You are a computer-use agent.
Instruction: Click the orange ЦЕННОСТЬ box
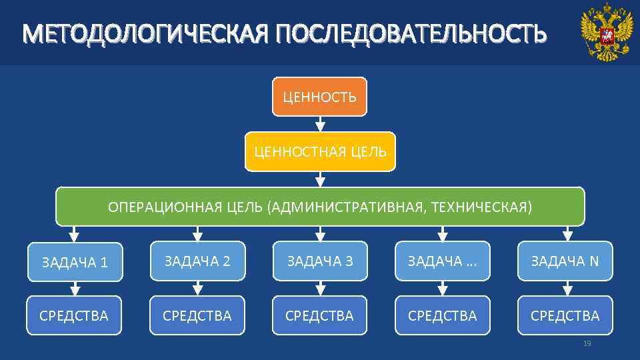coord(319,97)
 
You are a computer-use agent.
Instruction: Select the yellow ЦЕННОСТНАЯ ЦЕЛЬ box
coord(320,151)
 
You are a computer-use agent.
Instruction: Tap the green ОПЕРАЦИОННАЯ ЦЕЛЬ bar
coord(320,207)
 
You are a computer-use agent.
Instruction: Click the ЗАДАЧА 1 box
coord(75,261)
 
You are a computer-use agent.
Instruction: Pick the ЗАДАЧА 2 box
coord(197,261)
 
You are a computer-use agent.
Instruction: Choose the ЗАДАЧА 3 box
coord(320,261)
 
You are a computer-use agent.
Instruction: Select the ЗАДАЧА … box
coord(443,261)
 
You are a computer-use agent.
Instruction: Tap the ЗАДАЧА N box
coord(565,261)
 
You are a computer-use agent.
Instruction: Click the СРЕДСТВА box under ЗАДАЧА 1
coord(74,315)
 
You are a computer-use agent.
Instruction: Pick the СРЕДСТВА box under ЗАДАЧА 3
coord(320,315)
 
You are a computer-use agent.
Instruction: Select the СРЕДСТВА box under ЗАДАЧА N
coord(565,315)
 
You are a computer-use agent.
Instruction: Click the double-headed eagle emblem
coord(605,32)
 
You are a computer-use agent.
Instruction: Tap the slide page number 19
coord(587,343)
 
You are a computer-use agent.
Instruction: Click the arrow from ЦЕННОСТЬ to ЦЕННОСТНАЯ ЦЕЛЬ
coord(320,124)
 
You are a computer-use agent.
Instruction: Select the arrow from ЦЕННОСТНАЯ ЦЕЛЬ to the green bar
coord(320,178)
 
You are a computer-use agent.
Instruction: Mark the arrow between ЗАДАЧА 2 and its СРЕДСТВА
coord(197,287)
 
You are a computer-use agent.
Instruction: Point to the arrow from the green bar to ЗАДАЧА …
coord(443,233)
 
